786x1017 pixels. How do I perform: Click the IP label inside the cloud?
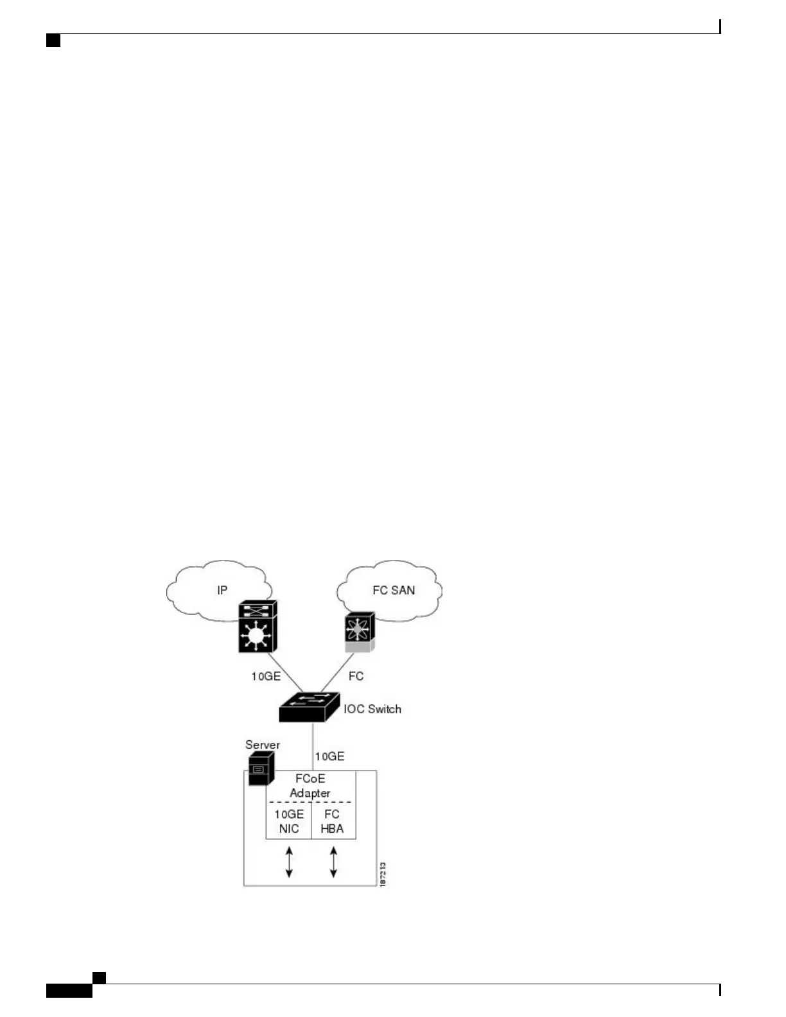pos(222,590)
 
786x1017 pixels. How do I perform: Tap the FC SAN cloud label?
pos(394,590)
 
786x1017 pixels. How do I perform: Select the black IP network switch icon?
pos(258,627)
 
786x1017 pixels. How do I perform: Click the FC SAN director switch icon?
pos(359,632)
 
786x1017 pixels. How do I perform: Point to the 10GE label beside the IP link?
pos(266,676)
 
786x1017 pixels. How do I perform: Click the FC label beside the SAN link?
pos(356,676)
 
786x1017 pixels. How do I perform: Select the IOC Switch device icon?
pos(309,707)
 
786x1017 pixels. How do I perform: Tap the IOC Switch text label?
pos(372,709)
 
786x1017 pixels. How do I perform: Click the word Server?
pos(263,745)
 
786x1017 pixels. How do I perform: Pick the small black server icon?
pos(261,768)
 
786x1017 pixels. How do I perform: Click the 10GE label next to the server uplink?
pos(329,756)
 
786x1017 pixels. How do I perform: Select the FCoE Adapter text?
pos(310,786)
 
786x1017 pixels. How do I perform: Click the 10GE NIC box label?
pos(289,821)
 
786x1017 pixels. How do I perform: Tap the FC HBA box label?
pos(332,821)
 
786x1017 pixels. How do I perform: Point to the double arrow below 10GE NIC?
pos(289,862)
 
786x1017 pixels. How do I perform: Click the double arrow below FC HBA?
pos(333,862)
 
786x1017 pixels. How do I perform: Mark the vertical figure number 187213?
pos(383,874)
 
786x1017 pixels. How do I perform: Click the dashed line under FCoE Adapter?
pos(310,802)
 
